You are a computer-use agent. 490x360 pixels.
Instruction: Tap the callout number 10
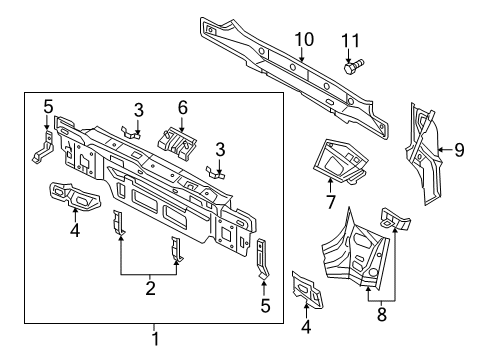[x=304, y=39]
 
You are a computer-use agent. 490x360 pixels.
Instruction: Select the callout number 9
[x=459, y=150]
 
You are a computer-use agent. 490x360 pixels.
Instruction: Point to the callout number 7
[x=330, y=202]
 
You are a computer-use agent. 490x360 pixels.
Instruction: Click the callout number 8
[x=382, y=314]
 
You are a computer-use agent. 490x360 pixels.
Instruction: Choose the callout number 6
[x=182, y=108]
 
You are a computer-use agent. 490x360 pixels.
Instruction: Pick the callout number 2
[x=150, y=288]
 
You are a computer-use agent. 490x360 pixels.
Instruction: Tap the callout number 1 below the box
[x=155, y=338]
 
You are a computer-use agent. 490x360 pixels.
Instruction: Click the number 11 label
[x=350, y=41]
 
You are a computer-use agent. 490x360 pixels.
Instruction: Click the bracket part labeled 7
[x=341, y=161]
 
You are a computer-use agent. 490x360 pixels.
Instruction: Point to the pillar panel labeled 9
[x=424, y=154]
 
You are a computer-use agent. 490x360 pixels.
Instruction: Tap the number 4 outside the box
[x=306, y=327]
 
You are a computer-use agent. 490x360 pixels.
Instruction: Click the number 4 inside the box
[x=75, y=230]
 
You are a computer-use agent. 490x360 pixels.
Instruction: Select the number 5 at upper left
[x=48, y=107]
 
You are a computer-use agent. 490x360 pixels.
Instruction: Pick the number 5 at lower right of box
[x=265, y=306]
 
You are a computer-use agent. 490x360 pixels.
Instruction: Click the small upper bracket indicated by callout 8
[x=395, y=218]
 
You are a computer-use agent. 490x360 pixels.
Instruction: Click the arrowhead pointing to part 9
[x=440, y=150]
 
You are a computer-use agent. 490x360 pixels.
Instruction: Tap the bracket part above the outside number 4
[x=307, y=289]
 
